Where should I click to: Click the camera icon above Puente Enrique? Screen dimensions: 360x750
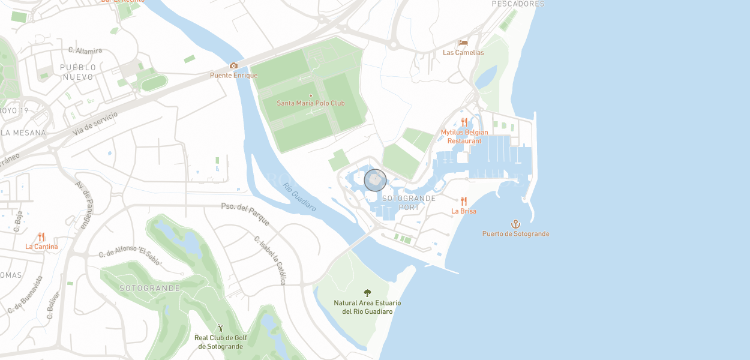click(233, 66)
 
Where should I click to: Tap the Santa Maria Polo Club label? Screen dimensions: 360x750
click(310, 103)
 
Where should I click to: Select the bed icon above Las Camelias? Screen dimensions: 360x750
click(463, 43)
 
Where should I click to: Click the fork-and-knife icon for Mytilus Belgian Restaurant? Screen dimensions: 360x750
click(464, 122)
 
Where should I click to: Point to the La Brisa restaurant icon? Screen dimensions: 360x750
click(464, 201)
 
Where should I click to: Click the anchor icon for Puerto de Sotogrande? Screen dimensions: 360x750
click(515, 224)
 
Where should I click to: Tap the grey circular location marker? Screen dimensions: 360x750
click(375, 180)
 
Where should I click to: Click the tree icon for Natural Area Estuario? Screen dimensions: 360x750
click(367, 293)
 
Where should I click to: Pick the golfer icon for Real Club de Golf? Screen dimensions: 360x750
click(220, 328)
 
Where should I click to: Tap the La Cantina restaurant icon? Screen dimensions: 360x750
click(41, 237)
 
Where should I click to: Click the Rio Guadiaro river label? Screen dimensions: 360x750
click(299, 197)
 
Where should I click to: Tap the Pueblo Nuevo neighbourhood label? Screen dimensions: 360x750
click(78, 73)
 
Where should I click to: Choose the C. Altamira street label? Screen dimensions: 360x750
click(85, 50)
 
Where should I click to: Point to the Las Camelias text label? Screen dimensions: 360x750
click(463, 53)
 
